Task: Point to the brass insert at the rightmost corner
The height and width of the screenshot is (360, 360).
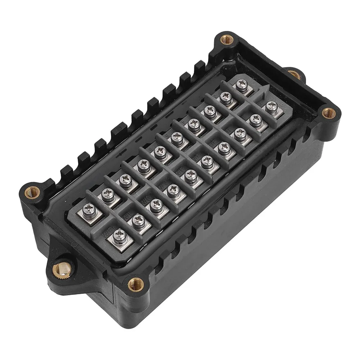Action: coord(328,113)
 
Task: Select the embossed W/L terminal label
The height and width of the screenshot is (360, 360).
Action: coord(127,217)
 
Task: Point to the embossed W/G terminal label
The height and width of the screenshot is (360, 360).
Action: coord(146,202)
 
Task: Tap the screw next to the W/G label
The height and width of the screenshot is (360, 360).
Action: coord(156,205)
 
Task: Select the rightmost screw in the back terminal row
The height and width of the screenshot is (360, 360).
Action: coord(239,85)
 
